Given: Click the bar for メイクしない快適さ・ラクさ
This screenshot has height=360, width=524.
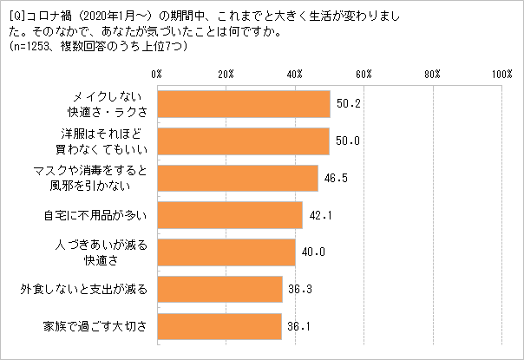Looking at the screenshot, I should pos(243,103).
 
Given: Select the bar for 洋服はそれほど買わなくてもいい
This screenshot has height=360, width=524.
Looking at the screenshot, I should pos(243,140).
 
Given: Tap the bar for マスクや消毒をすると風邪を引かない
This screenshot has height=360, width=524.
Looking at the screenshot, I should pos(237,177).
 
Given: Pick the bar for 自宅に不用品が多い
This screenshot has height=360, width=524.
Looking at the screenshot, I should pos(229,214).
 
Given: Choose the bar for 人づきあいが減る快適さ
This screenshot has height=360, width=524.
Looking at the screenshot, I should pos(226,252).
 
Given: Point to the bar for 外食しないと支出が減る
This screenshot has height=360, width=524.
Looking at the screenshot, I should pos(219,289).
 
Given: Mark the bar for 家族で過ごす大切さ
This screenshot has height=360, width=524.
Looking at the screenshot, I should pos(219,326).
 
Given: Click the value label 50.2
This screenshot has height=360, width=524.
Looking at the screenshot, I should pos(348,103).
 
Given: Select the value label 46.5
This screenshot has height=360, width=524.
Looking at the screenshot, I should pos(335,177).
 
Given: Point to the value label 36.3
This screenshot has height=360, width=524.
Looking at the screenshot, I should pos(300,289).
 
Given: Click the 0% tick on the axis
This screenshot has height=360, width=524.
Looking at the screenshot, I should pos(157,75).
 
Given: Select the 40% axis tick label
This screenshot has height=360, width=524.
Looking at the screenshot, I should pos(295,75).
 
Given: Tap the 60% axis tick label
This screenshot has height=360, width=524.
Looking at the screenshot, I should pos(364,75).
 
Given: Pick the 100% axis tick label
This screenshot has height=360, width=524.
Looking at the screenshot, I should pos(501,75).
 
